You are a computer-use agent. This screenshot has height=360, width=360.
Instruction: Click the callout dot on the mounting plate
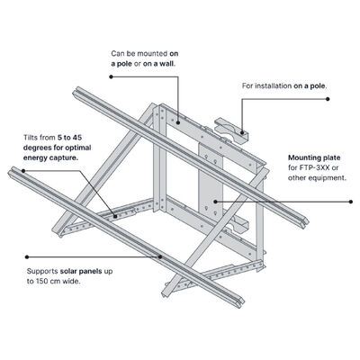pos(213,202)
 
